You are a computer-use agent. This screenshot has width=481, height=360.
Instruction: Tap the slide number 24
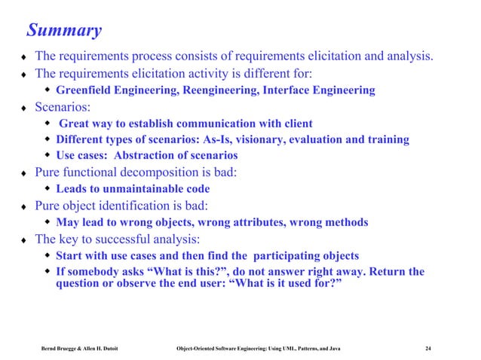pyautogui.click(x=428, y=348)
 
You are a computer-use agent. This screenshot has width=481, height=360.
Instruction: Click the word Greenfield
pyautogui.click(x=90, y=90)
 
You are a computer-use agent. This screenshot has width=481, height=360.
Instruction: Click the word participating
pyautogui.click(x=273, y=255)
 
